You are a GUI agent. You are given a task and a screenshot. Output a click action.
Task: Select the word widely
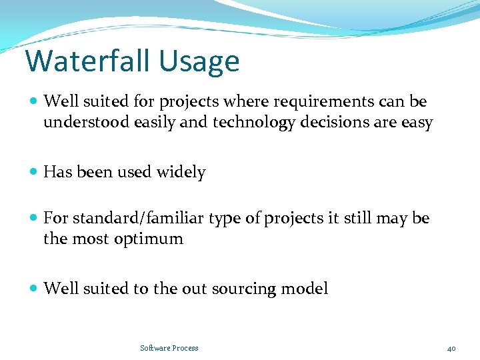point(181,172)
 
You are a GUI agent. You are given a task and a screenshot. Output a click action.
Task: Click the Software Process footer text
point(169,348)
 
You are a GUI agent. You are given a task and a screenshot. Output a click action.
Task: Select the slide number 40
point(451,348)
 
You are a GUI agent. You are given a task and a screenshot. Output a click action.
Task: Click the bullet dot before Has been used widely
point(34,173)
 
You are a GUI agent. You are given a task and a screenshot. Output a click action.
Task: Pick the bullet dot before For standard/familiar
point(34,219)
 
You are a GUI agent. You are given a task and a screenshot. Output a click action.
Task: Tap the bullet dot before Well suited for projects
point(34,102)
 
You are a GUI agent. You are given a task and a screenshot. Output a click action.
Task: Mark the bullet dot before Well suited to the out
point(34,289)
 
